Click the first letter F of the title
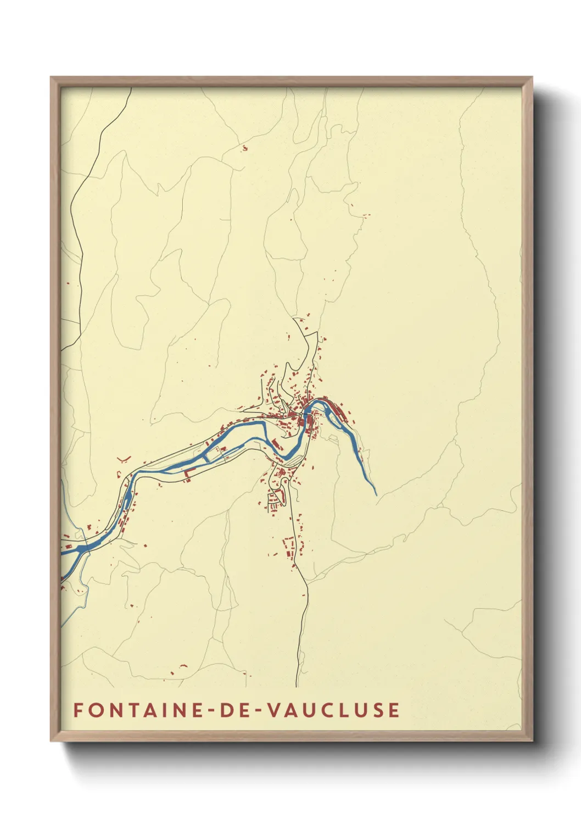point(78,710)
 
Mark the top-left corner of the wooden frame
point(51,77)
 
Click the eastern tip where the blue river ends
point(376,494)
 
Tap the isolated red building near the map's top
point(244,148)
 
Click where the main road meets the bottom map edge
point(297,686)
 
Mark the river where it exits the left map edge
point(63,553)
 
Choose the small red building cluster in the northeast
point(364,215)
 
